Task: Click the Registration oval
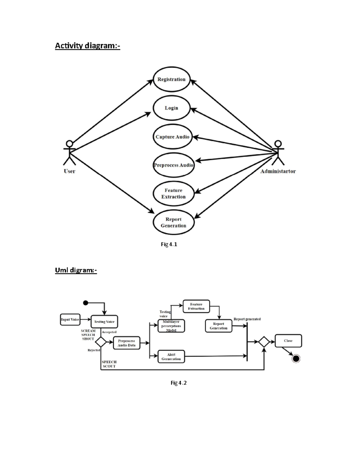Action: [172, 79]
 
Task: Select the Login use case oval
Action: [172, 108]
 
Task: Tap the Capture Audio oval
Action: [172, 137]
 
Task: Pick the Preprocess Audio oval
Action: [173, 165]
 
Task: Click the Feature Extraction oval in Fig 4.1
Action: [173, 194]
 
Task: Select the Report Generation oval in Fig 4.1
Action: [173, 222]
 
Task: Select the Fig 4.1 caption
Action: [169, 244]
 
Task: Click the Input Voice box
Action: [70, 320]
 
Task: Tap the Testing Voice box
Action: [104, 322]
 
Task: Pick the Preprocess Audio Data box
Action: [126, 343]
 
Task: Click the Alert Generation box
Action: [171, 357]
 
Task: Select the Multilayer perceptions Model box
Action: [171, 326]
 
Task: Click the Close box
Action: [288, 341]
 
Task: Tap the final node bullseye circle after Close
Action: [296, 358]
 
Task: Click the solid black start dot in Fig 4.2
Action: [85, 303]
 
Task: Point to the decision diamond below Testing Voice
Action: [100, 342]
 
